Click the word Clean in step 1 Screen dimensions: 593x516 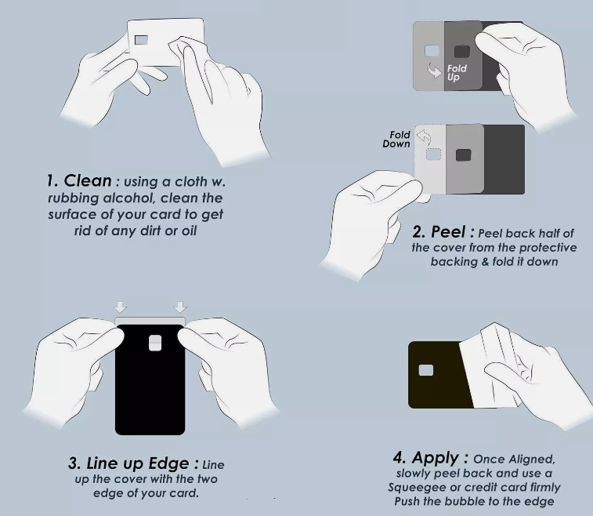[88, 180]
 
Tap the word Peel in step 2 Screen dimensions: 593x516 [448, 231]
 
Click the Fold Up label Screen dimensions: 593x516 [457, 73]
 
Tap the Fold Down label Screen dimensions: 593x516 [396, 140]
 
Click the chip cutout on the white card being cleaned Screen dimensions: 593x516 [141, 40]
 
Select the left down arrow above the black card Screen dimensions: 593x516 [121, 307]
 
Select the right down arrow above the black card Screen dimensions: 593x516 [180, 307]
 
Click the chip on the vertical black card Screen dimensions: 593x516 [155, 343]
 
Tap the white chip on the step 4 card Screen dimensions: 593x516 [426, 370]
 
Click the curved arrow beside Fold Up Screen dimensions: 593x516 [434, 70]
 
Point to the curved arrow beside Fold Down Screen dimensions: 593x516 [424, 136]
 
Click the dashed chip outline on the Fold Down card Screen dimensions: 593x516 [433, 154]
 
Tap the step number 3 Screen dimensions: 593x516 [74, 463]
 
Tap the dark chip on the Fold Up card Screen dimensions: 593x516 [461, 52]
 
